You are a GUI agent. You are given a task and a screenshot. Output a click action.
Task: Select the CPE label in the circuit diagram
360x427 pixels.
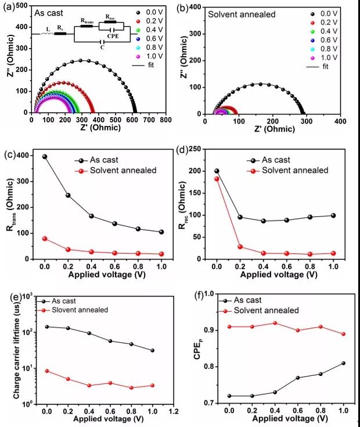tap(110, 34)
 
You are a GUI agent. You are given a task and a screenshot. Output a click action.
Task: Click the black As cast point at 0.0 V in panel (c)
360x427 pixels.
tap(45, 157)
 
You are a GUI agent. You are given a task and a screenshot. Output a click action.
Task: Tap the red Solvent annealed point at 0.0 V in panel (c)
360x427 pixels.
tap(45, 238)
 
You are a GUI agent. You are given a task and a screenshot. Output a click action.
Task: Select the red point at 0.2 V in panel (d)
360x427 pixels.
tap(239, 247)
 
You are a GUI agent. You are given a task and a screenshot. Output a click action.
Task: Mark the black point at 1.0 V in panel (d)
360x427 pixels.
tap(333, 215)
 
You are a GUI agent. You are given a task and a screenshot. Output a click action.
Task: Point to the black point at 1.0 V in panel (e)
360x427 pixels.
tap(136, 350)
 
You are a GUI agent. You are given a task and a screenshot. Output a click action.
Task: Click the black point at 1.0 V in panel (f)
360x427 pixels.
tap(333, 363)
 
